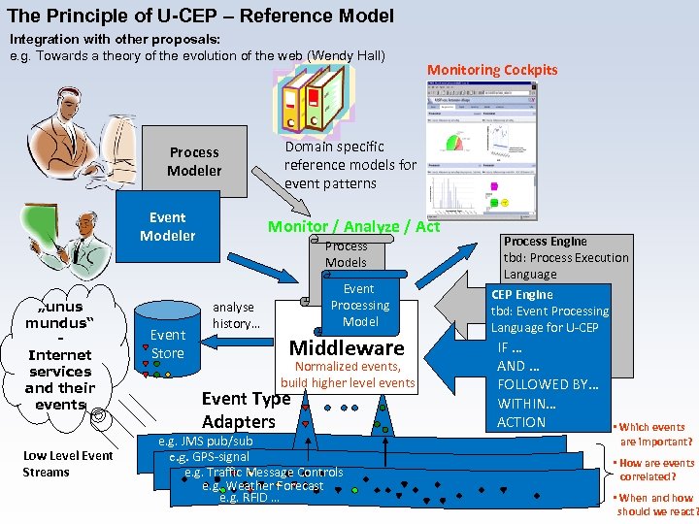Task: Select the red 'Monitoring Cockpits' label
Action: (x=492, y=70)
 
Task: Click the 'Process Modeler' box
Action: (x=194, y=161)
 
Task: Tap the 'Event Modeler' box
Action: (x=167, y=226)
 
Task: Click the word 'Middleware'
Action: (x=347, y=348)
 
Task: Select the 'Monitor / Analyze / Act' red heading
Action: (x=353, y=226)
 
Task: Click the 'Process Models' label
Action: (x=346, y=254)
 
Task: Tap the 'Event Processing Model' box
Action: (x=359, y=305)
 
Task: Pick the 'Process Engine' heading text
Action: (x=545, y=242)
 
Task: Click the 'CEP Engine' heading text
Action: (x=522, y=295)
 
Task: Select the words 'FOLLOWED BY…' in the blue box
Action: (x=548, y=384)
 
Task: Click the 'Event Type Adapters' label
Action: (x=245, y=409)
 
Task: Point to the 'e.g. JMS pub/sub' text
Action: (x=205, y=442)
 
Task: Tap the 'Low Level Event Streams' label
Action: (x=68, y=464)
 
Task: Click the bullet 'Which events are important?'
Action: (x=653, y=434)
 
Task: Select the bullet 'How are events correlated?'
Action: (x=655, y=470)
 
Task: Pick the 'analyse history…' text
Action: (x=235, y=315)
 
